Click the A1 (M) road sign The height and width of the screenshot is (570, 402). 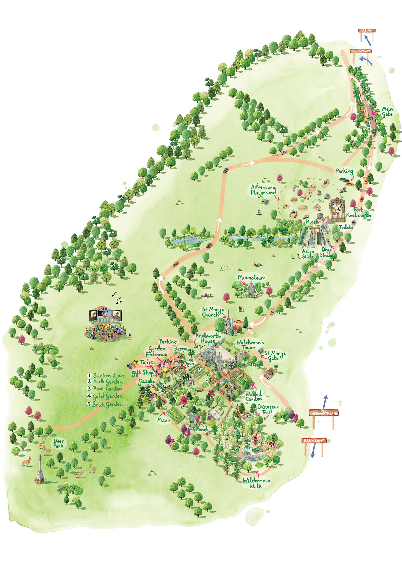point(367,31)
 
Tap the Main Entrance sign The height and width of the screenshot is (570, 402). point(361,51)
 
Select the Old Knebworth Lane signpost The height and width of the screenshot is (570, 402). point(324,412)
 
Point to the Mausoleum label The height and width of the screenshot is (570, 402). point(252,278)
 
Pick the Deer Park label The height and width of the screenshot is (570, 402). point(58,443)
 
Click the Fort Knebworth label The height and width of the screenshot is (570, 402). point(359,212)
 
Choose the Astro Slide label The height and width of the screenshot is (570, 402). point(308,254)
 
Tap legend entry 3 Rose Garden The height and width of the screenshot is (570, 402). point(105,389)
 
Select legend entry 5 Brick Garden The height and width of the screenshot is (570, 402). point(105,405)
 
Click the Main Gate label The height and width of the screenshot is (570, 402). point(387,111)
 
